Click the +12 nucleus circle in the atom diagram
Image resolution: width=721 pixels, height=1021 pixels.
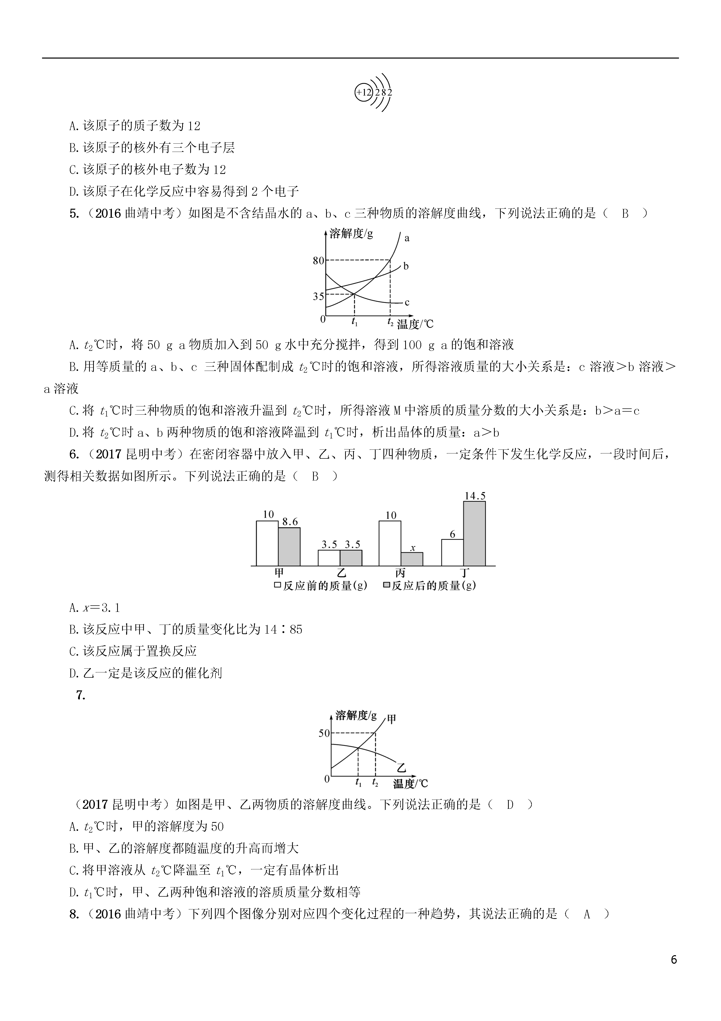tap(363, 93)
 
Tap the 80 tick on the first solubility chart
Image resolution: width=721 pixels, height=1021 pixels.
tap(319, 261)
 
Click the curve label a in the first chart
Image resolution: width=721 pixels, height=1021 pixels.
tap(406, 238)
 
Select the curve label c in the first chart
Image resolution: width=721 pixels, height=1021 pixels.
tap(406, 302)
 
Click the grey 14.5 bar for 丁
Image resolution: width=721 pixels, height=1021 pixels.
tap(474, 534)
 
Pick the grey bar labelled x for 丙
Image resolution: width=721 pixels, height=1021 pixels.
tap(412, 559)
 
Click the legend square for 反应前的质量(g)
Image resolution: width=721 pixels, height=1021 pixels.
tap(278, 586)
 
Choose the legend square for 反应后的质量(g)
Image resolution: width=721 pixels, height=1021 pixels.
tap(386, 586)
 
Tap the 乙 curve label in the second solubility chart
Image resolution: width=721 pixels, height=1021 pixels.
tap(402, 768)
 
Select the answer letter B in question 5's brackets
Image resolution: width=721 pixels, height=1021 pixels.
tap(625, 214)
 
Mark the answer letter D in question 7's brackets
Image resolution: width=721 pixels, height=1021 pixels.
tap(510, 805)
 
